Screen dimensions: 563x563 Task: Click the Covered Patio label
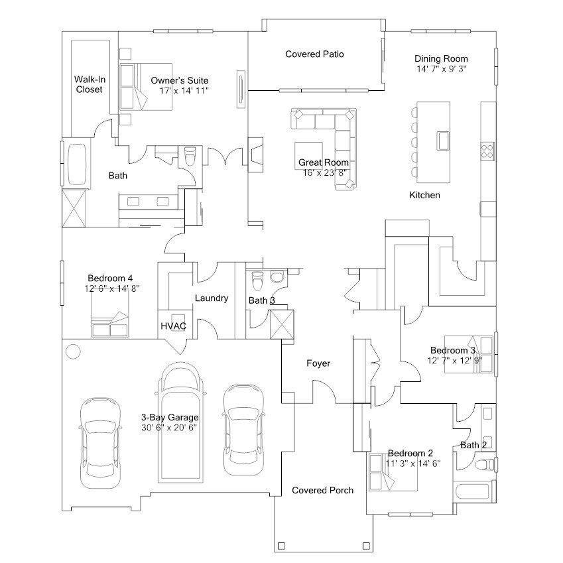point(314,54)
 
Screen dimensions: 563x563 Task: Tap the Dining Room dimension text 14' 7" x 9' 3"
point(441,69)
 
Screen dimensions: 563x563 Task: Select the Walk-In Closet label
point(89,84)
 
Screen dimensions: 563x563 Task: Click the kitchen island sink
point(443,141)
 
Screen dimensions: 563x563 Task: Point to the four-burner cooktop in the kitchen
point(487,151)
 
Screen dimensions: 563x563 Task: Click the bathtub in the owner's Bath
point(77,164)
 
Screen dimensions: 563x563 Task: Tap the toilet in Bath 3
point(257,281)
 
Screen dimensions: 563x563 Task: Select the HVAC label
point(174,326)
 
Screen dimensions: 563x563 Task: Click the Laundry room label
point(212,298)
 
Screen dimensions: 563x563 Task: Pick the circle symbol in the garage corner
point(73,351)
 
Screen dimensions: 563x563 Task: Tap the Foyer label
point(318,363)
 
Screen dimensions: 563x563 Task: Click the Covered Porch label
point(322,490)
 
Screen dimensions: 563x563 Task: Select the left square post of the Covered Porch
point(281,546)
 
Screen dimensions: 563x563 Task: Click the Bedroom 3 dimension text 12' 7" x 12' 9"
point(454,360)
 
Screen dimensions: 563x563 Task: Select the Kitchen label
point(425,195)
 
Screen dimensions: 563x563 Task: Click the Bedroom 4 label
point(110,278)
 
